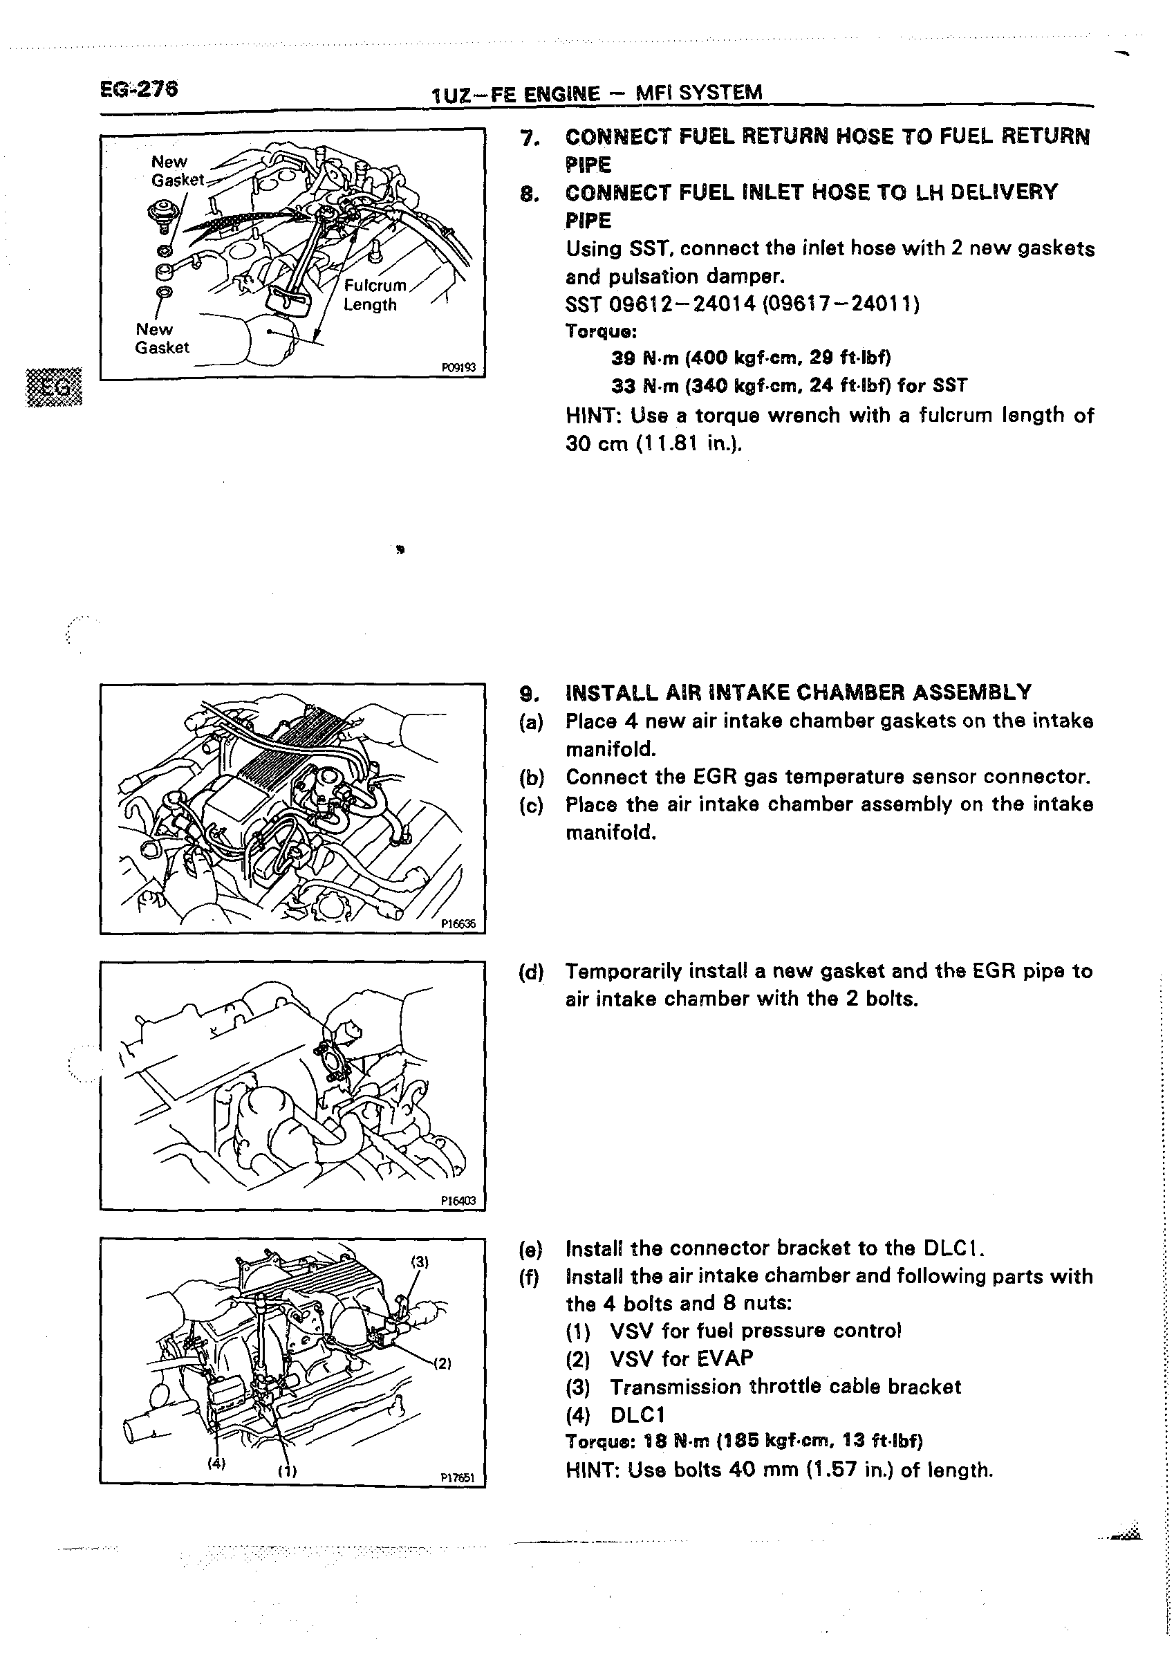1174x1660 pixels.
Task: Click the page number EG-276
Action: tap(139, 89)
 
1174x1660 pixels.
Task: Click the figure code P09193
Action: tap(458, 367)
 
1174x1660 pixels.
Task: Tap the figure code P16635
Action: tap(458, 923)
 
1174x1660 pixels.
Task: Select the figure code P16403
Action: tap(458, 1200)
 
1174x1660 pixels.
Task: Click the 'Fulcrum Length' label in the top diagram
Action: tap(373, 294)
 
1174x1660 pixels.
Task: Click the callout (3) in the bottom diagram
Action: tap(420, 1262)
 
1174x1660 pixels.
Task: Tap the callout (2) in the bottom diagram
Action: tap(442, 1363)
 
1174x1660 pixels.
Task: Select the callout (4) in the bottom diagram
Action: tap(216, 1464)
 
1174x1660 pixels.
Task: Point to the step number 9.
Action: tap(528, 692)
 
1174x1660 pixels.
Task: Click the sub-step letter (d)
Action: tap(531, 971)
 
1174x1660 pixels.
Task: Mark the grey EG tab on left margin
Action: tap(54, 387)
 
